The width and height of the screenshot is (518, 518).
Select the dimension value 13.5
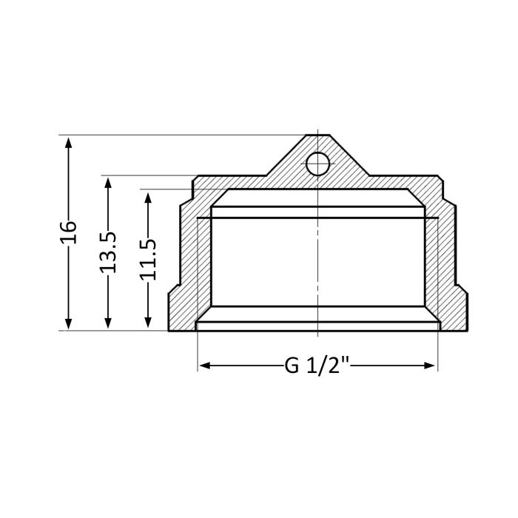[109, 252]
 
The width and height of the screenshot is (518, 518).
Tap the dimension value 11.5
[149, 259]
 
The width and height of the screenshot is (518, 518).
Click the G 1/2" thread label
[317, 366]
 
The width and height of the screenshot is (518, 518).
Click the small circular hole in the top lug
[317, 164]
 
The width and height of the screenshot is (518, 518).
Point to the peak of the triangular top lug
[317, 135]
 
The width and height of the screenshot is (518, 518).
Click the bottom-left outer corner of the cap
[169, 330]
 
